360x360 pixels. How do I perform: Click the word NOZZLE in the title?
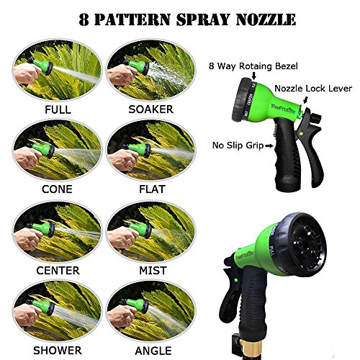[266, 19]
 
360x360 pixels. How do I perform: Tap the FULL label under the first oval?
[58, 109]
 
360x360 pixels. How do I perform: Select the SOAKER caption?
[151, 109]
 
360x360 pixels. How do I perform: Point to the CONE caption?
[57, 189]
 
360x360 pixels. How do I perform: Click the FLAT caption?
[152, 189]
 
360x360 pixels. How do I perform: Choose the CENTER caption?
[58, 271]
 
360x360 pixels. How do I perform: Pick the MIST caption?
[153, 271]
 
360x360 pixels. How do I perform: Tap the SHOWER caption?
[58, 351]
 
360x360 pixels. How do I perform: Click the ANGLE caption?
[153, 351]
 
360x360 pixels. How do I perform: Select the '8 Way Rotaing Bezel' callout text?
[253, 66]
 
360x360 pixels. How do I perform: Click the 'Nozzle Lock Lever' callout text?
[313, 89]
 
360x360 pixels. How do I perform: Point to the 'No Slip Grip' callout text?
[238, 145]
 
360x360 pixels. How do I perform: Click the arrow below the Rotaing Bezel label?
[254, 76]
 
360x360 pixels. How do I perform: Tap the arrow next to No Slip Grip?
[269, 145]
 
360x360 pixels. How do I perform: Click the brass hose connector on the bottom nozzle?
[248, 347]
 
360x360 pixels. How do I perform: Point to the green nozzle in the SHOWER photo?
[42, 306]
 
